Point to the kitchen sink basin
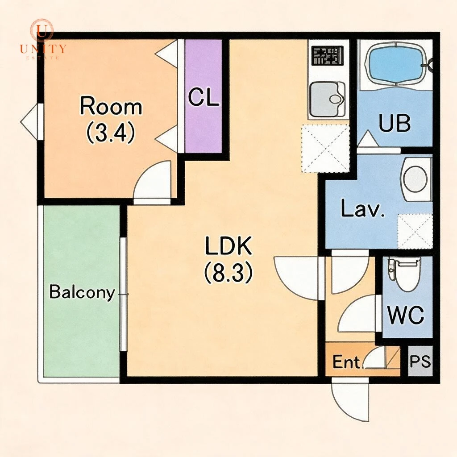(x=327, y=100)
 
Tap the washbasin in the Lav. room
(x=416, y=179)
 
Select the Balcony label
(x=82, y=292)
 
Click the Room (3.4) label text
(x=111, y=120)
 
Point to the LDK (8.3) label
(x=228, y=259)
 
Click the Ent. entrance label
(x=346, y=362)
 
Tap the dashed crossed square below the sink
(x=325, y=148)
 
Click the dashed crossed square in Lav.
(x=415, y=231)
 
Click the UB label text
(x=395, y=123)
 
